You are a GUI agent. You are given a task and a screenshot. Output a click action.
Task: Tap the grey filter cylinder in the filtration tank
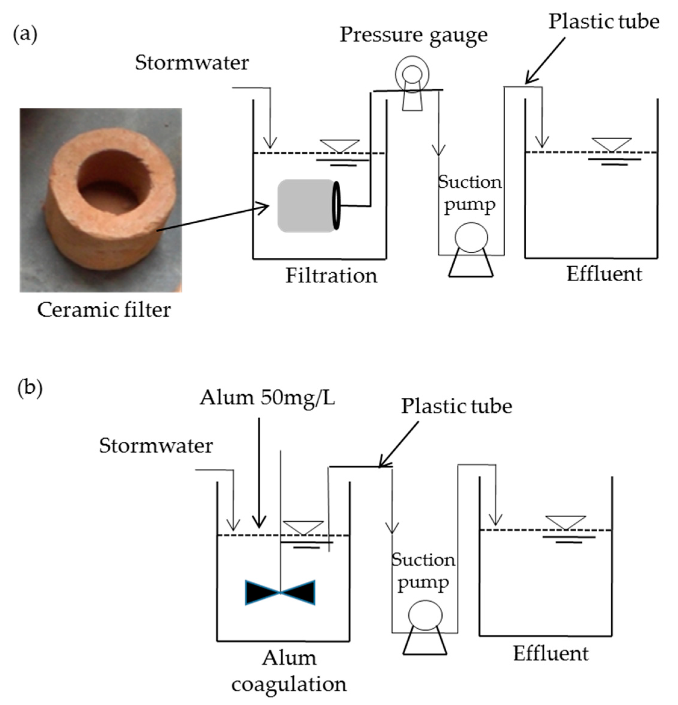coord(306,206)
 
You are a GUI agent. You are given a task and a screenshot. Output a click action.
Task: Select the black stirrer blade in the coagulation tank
coord(280,593)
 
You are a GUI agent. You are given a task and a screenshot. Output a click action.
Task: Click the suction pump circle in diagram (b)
coord(425,615)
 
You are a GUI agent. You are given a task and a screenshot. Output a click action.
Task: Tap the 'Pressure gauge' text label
coord(413,35)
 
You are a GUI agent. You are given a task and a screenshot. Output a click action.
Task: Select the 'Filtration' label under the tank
coord(331,276)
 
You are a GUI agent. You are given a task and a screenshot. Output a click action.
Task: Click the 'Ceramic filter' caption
coord(104,310)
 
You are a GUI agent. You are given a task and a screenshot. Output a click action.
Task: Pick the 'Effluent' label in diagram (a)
coord(604,274)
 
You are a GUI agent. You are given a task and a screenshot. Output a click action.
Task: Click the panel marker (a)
coord(25,35)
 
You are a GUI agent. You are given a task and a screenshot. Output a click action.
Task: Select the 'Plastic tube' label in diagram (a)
coord(604,22)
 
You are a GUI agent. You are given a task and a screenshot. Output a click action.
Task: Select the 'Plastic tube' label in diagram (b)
coord(456,406)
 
